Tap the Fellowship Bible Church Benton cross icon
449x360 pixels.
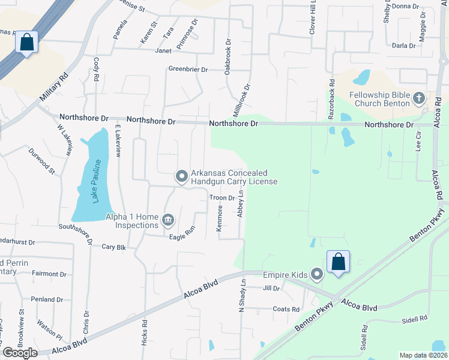[x=419, y=98]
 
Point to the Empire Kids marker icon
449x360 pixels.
[x=317, y=275]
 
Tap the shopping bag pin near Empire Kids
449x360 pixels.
[x=338, y=262]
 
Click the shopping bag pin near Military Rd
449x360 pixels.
[x=26, y=42]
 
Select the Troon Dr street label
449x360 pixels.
[x=221, y=198]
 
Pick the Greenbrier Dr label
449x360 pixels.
[x=188, y=70]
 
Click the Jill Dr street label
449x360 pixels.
[x=271, y=289]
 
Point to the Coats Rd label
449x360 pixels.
[x=286, y=310]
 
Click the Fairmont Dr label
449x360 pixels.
[x=49, y=274]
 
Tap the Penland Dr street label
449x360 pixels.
[x=47, y=299]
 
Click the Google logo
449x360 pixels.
[x=20, y=353]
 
